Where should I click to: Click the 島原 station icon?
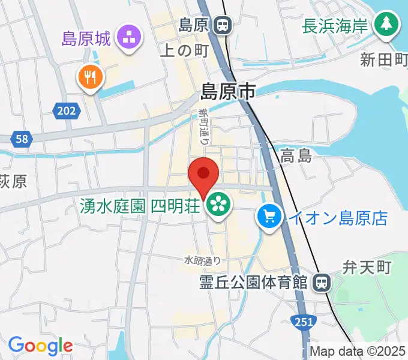point(223,26)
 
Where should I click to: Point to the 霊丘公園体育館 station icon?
point(322,281)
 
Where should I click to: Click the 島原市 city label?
point(228,92)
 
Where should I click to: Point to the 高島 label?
point(296,157)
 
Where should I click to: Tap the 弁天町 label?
point(367,267)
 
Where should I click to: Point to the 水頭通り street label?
point(202,260)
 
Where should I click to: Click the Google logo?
point(40,346)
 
